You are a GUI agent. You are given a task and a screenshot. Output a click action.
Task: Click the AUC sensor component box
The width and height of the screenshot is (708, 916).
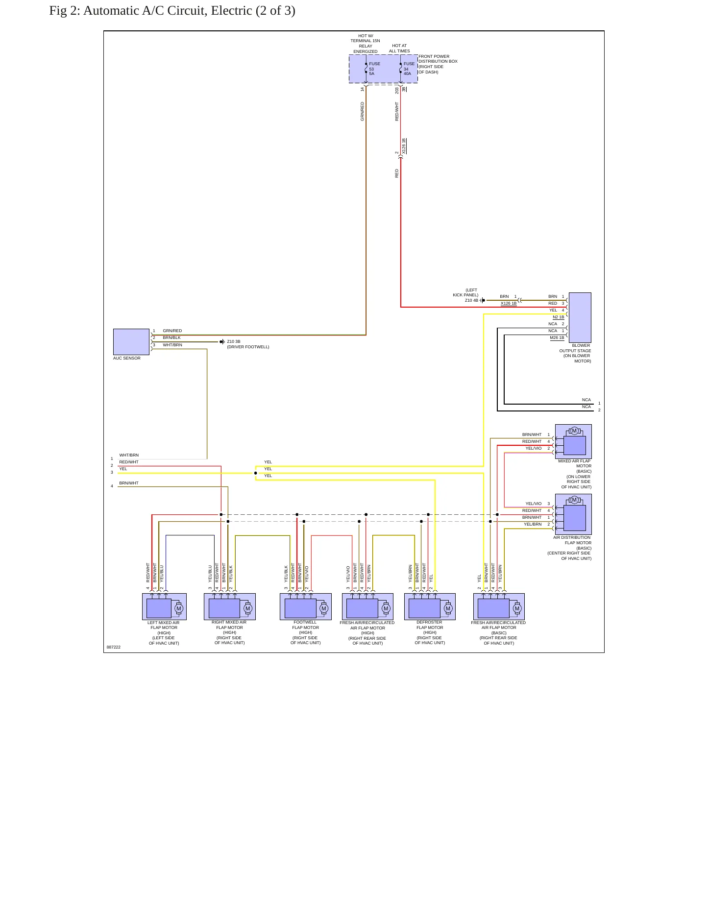(131, 341)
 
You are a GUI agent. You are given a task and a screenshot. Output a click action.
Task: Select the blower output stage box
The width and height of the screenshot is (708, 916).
(580, 317)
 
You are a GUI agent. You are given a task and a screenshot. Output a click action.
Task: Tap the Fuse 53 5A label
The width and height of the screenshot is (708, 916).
(374, 69)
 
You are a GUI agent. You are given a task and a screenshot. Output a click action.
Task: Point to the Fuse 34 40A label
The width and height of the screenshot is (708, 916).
(409, 69)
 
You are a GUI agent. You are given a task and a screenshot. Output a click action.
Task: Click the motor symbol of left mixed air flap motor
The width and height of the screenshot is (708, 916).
(179, 608)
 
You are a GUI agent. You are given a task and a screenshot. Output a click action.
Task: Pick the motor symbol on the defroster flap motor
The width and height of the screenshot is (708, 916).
(448, 608)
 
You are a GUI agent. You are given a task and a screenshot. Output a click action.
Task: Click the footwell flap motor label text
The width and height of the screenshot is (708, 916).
(305, 632)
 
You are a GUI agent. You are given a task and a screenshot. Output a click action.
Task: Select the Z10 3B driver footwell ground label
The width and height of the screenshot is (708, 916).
(248, 344)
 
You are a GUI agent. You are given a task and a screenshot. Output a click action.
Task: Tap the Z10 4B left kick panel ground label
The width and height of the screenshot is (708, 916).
(466, 295)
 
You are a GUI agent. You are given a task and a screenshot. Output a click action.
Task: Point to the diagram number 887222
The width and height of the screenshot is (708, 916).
(113, 647)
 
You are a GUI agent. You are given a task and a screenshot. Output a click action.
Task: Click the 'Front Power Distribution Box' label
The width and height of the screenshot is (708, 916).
(438, 64)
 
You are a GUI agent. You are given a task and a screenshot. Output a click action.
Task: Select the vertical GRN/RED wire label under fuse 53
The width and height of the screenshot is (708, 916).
(363, 111)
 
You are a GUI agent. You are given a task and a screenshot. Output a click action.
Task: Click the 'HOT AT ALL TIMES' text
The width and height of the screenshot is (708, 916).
(399, 48)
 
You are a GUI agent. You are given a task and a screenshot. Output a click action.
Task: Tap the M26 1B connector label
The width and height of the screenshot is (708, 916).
(557, 337)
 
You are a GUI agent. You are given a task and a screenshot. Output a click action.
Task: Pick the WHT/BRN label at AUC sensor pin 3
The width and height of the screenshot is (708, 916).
(172, 345)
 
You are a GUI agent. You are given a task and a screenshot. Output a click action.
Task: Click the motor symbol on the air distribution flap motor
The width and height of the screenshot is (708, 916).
(574, 500)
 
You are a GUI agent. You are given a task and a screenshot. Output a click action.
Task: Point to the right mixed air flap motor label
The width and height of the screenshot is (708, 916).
(229, 632)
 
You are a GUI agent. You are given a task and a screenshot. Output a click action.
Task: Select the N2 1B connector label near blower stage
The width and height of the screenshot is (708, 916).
(558, 317)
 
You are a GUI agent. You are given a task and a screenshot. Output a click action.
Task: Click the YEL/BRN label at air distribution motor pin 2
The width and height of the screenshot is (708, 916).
(533, 524)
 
